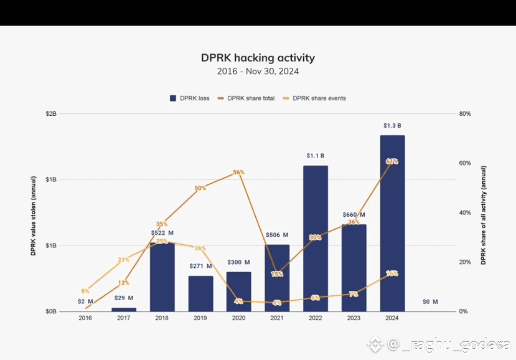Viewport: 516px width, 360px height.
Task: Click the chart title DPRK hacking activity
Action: tap(258, 58)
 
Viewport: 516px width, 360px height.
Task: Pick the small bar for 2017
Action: tap(124, 309)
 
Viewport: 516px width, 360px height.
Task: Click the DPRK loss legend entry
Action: tap(190, 98)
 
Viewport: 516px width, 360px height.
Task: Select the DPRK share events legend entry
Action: tap(314, 98)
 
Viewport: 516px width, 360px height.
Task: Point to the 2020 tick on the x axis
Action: tap(238, 318)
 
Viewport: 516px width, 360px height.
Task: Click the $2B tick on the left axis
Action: tap(50, 114)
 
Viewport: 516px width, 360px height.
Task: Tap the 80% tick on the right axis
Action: tap(465, 114)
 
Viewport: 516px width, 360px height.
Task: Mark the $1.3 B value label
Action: tap(392, 126)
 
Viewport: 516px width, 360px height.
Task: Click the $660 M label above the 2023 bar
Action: tap(354, 215)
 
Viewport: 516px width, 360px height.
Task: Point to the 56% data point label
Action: tap(239, 172)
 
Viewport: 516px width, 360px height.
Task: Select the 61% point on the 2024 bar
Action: tap(392, 161)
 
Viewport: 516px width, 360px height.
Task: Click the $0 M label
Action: tap(430, 302)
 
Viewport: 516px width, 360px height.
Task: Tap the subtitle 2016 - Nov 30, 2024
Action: tap(258, 72)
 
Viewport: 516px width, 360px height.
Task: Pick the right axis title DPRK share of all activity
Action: tap(483, 215)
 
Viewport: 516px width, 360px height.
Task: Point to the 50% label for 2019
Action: tap(200, 188)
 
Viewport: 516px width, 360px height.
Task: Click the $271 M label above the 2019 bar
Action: tap(200, 266)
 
